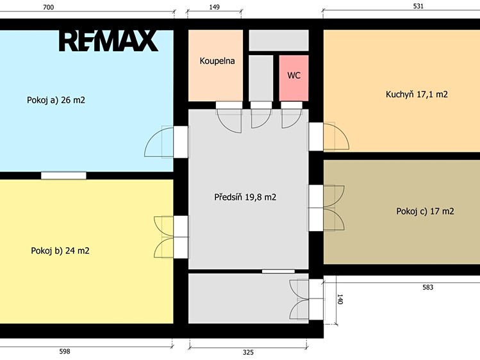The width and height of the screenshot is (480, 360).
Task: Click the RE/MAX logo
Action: tap(108, 41)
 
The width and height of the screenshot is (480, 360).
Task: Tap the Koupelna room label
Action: tap(217, 61)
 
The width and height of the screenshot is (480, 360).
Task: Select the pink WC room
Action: tap(294, 78)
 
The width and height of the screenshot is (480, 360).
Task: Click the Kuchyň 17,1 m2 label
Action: tap(417, 94)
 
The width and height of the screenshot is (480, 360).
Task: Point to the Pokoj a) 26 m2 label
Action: tap(56, 100)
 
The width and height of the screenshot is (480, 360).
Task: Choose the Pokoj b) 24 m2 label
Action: tap(60, 251)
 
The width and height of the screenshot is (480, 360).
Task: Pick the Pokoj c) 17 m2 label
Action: tap(425, 211)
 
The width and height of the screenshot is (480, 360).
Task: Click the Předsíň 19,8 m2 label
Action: tap(245, 197)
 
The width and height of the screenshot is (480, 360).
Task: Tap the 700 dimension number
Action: tap(48, 7)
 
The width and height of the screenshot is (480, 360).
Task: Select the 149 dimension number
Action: tap(214, 7)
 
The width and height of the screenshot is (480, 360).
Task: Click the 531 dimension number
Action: tap(418, 6)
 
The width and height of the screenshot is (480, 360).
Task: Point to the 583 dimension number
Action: tap(427, 287)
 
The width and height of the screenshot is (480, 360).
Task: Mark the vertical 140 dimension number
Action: tap(340, 299)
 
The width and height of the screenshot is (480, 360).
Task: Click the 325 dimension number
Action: tap(248, 352)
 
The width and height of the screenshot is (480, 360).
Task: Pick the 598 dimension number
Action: tap(65, 352)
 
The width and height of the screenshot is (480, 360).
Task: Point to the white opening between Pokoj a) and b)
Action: tap(63, 176)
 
